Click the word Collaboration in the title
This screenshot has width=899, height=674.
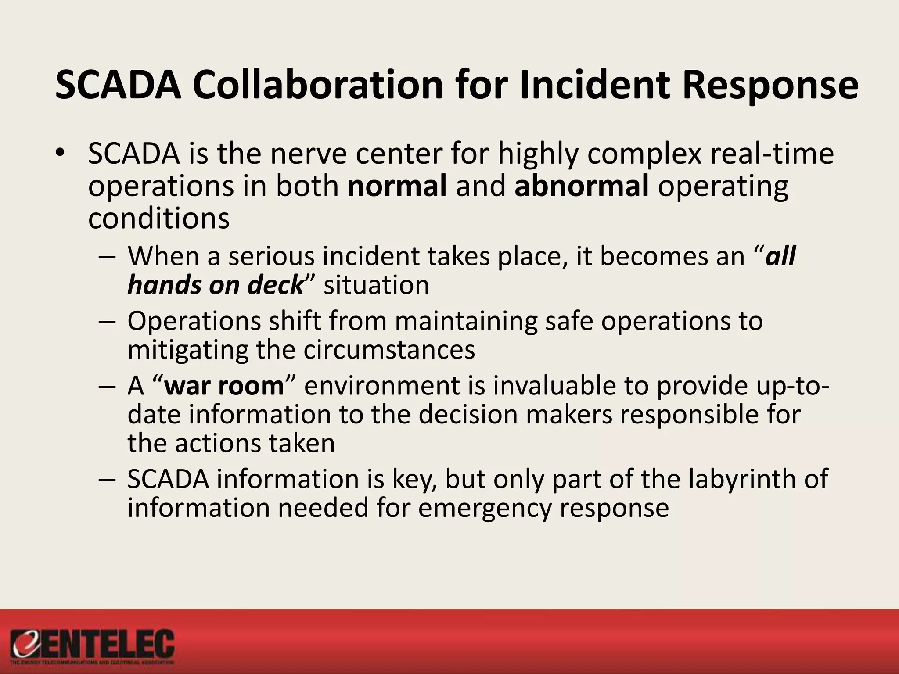318,85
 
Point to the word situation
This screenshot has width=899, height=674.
376,285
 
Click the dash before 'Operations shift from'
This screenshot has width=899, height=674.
107,322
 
